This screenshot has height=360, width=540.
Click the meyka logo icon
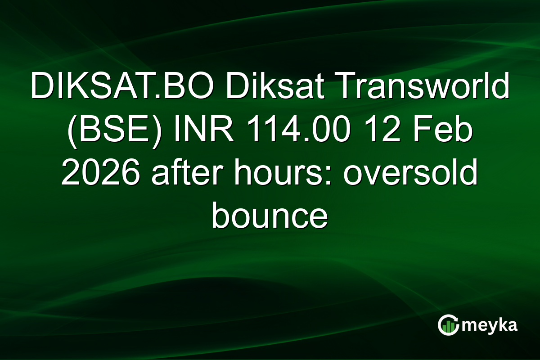(448, 325)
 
